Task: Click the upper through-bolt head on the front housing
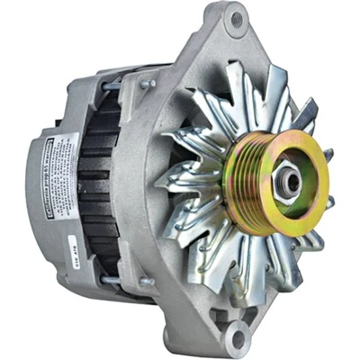(x=145, y=84)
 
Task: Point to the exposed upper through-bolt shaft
(x=112, y=86)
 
